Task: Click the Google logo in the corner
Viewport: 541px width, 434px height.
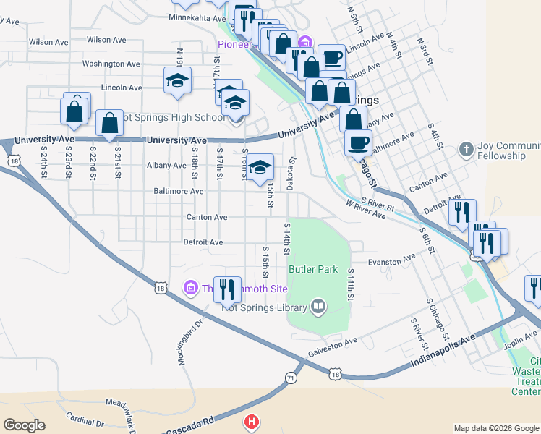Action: pos(24,425)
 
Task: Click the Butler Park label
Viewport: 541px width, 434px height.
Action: pos(313,269)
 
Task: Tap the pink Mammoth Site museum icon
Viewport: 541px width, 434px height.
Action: pos(191,289)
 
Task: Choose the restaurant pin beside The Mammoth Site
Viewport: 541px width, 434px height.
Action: pos(229,289)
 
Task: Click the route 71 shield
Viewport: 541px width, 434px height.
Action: pos(290,378)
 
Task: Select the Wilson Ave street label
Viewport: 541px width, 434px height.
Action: pos(49,41)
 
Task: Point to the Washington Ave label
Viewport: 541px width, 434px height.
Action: pos(111,64)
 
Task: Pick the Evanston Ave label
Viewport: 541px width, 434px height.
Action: pos(391,258)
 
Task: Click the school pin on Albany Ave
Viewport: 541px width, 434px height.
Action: pos(260,168)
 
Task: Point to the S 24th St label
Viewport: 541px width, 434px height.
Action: pos(43,163)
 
